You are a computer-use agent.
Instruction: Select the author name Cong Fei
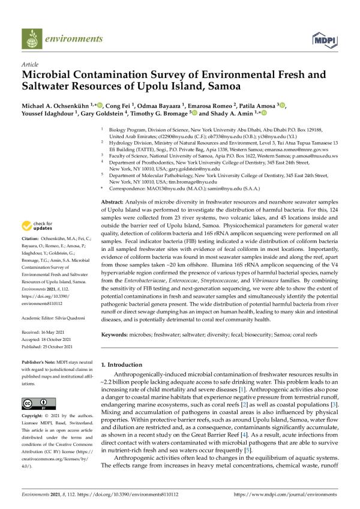coord(119,106)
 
